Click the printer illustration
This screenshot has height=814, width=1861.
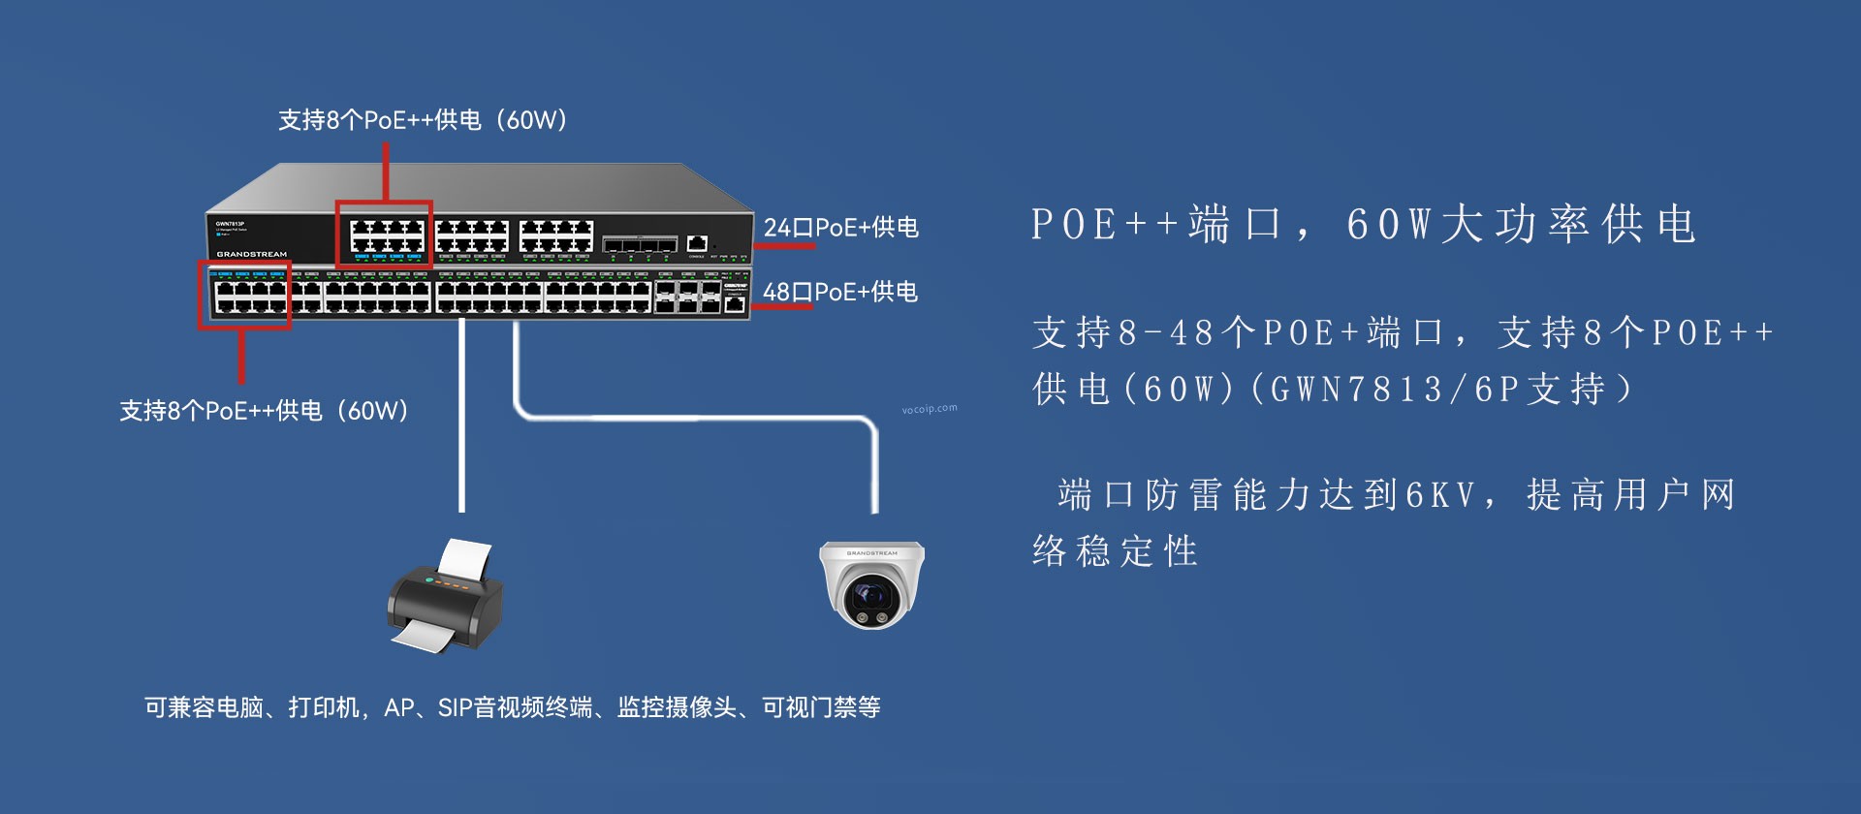(446, 596)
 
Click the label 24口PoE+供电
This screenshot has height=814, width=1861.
(840, 228)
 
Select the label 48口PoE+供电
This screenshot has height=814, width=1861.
(839, 292)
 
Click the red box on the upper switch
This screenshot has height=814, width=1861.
(384, 234)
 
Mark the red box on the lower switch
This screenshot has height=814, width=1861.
(244, 294)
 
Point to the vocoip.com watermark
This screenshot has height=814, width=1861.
(930, 409)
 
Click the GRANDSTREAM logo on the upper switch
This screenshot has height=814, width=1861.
(251, 254)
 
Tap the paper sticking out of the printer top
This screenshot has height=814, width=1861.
(464, 560)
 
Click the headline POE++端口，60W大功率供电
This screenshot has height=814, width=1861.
(1363, 225)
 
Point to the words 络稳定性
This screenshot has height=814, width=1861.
(1115, 551)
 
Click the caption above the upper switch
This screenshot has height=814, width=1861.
(423, 120)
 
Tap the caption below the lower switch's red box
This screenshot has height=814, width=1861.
(264, 411)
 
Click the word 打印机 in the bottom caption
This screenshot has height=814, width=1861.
(324, 707)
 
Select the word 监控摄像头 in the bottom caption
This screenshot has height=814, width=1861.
(677, 707)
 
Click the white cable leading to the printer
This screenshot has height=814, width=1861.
(461, 417)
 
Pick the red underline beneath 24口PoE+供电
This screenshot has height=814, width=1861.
(784, 246)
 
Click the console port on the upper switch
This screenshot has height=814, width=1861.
(697, 242)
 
